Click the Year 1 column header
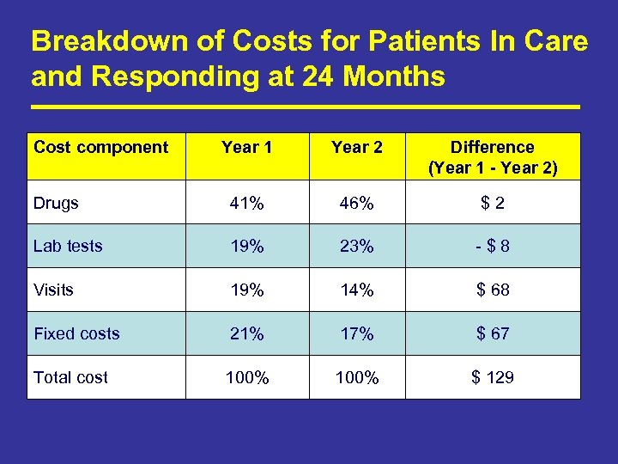click(x=246, y=147)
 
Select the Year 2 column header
click(x=357, y=147)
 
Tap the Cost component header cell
click(x=101, y=147)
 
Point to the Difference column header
click(x=493, y=157)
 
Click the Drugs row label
click(x=56, y=203)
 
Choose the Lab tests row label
click(x=68, y=246)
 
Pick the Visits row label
click(x=53, y=290)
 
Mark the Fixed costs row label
click(x=76, y=333)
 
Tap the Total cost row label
click(x=70, y=377)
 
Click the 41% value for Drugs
click(x=246, y=204)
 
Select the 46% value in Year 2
click(x=357, y=204)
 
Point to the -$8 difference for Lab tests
click(x=493, y=247)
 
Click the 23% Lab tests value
click(x=357, y=247)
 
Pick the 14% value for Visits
click(x=357, y=290)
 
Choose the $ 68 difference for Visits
click(x=493, y=290)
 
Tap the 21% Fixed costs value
click(x=246, y=333)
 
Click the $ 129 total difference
click(x=493, y=377)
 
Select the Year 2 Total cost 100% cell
click(x=357, y=378)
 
